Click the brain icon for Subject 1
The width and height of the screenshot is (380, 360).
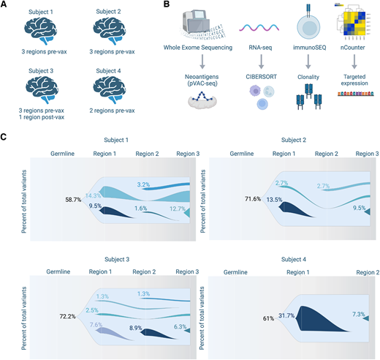pyautogui.click(x=45, y=31)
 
